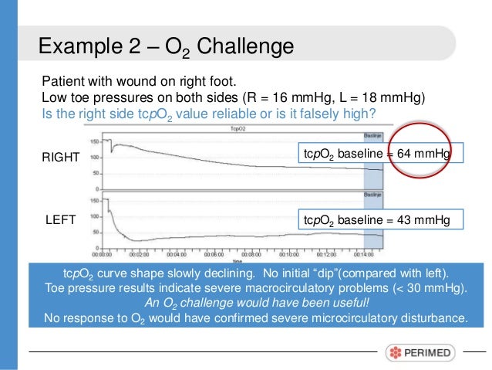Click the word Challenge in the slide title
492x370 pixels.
click(245, 47)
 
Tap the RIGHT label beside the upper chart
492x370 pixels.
click(61, 157)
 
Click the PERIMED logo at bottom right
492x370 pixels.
click(421, 352)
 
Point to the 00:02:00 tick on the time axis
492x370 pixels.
click(139, 252)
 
